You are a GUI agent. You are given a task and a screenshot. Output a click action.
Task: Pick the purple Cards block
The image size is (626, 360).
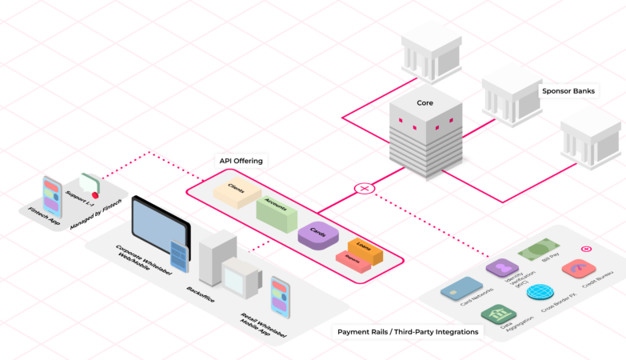pos(318,234)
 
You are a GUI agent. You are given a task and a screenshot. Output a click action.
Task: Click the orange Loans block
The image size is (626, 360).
pos(365,250)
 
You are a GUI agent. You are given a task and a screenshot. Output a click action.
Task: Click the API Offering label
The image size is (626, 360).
pos(241,161)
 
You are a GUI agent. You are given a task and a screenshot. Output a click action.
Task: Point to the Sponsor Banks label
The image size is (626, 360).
pos(568,90)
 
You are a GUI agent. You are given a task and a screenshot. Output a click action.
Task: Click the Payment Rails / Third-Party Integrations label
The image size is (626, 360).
pos(408,331)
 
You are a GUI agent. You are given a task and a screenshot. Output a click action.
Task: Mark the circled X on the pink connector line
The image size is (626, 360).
pos(365,189)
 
